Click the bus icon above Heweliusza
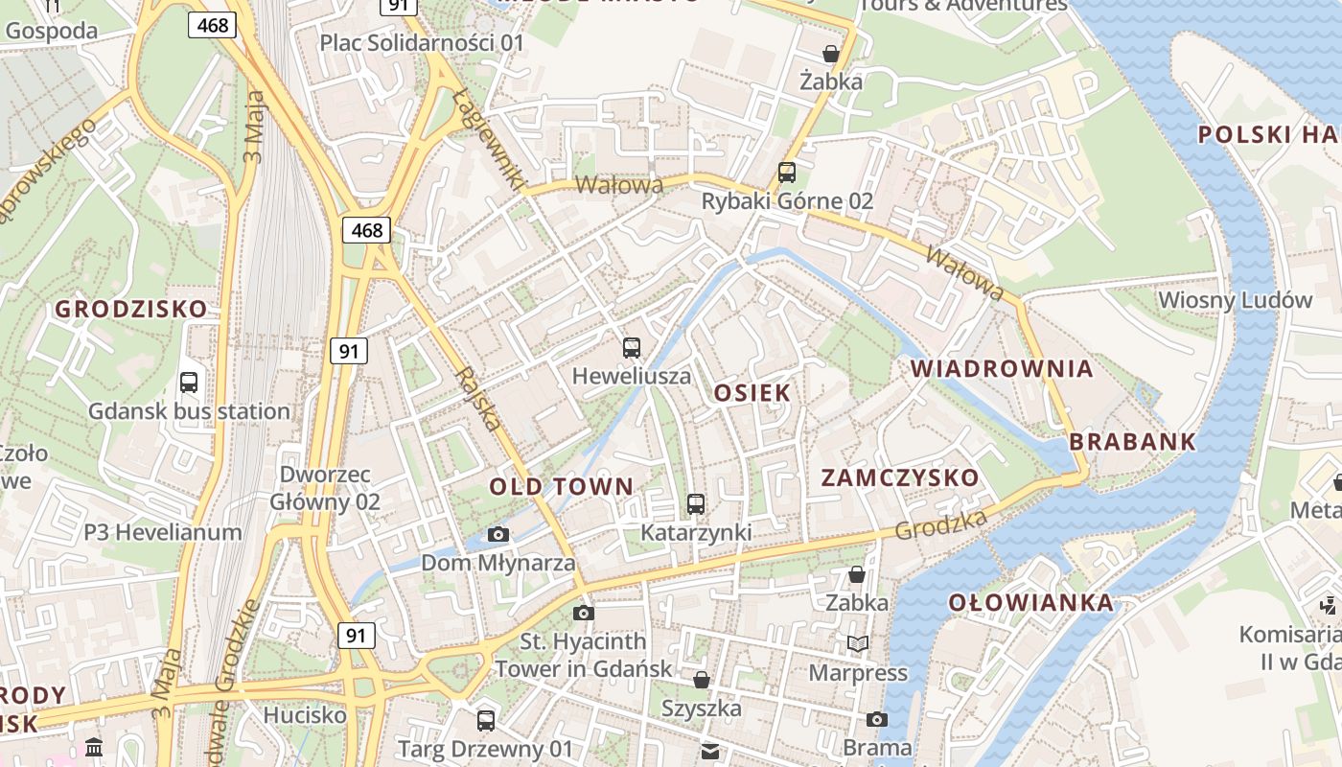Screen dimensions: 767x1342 click(x=632, y=347)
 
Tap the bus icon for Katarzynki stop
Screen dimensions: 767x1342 click(x=696, y=503)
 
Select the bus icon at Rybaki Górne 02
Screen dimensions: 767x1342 click(x=787, y=173)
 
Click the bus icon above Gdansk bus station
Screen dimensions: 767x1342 click(x=189, y=383)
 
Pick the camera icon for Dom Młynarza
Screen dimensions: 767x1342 click(x=498, y=534)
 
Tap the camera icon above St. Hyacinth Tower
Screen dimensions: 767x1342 click(x=583, y=613)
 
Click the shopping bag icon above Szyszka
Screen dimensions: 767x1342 click(x=702, y=680)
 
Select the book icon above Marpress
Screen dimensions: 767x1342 click(x=858, y=643)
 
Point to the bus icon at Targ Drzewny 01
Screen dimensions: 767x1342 click(x=486, y=720)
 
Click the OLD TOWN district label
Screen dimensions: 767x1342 click(x=562, y=486)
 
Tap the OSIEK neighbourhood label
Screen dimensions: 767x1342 click(x=752, y=392)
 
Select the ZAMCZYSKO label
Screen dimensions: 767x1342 click(x=900, y=477)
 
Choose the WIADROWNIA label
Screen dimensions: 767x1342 click(x=1002, y=368)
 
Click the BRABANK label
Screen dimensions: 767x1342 click(x=1132, y=441)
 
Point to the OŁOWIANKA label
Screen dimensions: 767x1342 click(x=1031, y=602)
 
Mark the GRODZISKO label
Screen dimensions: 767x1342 click(x=130, y=309)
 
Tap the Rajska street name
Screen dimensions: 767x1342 click(x=479, y=398)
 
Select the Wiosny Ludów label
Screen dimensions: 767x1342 click(x=1235, y=299)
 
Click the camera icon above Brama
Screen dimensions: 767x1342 click(x=877, y=719)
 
